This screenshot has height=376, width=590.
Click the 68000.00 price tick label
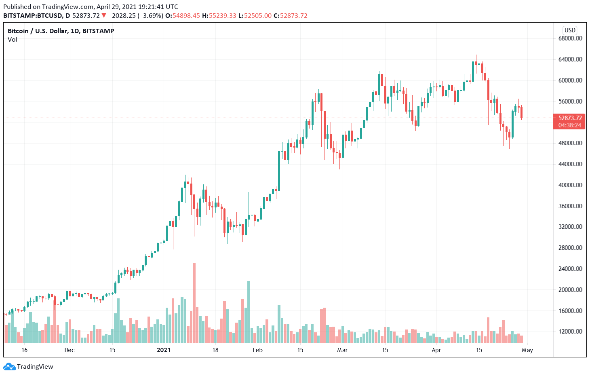tap(570, 38)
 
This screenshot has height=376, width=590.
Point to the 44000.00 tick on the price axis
tap(570, 164)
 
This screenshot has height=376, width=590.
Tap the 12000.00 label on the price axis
tap(570, 332)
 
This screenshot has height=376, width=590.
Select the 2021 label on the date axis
tap(164, 350)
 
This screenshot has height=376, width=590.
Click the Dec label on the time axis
tap(70, 350)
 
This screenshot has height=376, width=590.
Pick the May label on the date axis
tap(527, 350)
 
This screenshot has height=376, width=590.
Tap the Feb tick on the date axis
tap(257, 350)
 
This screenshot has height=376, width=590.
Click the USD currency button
tap(570, 30)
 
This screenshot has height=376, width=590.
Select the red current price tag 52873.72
tap(570, 118)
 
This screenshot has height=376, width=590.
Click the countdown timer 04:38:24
tap(570, 125)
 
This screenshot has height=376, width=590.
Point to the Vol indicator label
tap(13, 40)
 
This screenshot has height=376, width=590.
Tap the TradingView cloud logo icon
tap(9, 367)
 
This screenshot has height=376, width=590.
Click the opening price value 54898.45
tap(186, 16)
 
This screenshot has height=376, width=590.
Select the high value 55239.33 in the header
tap(222, 16)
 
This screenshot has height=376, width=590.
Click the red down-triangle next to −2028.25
tap(104, 16)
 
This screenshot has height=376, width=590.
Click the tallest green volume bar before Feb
tap(249, 311)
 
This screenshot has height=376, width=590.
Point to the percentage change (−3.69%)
tap(150, 16)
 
